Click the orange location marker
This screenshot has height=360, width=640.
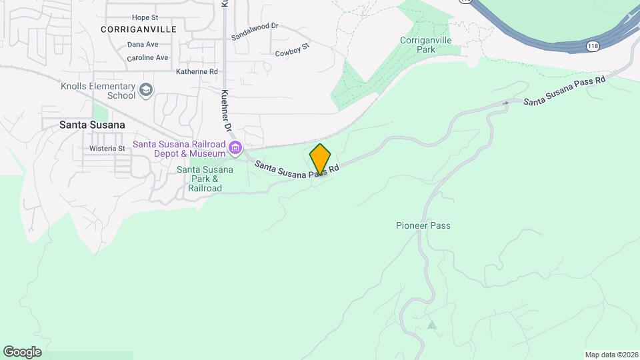pyautogui.click(x=320, y=159)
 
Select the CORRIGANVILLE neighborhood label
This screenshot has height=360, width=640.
pyautogui.click(x=139, y=29)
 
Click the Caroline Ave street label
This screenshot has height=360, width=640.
pyautogui.click(x=147, y=58)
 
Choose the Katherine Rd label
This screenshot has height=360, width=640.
pyautogui.click(x=197, y=71)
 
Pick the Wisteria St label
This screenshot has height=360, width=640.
pyautogui.click(x=107, y=148)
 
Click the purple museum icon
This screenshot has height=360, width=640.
pyautogui.click(x=235, y=147)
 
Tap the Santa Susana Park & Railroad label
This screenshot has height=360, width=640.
pyautogui.click(x=205, y=179)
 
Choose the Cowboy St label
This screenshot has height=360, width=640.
pyautogui.click(x=293, y=49)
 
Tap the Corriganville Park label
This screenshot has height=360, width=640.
pyautogui.click(x=426, y=45)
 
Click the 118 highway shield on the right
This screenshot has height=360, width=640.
pyautogui.click(x=593, y=46)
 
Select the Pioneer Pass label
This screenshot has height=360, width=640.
pyautogui.click(x=423, y=225)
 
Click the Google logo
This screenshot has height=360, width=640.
pyautogui.click(x=22, y=351)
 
